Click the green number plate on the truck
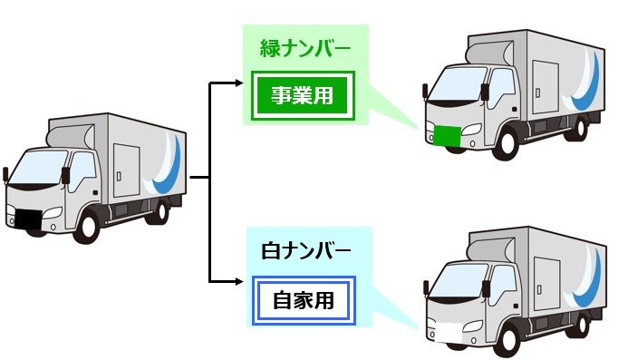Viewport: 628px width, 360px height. click(446, 136)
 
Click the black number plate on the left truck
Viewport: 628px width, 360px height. click(26, 219)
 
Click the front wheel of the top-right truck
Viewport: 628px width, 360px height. click(508, 144)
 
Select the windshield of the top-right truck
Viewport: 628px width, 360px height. click(451, 87)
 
